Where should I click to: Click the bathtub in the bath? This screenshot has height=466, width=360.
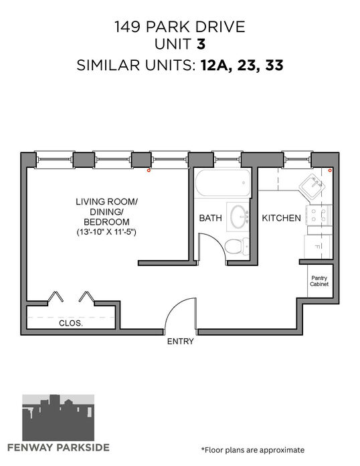pyautogui.click(x=223, y=183)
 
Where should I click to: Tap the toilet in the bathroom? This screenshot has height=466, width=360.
pyautogui.click(x=237, y=247)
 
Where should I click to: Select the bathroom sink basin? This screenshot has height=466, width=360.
pyautogui.click(x=240, y=217)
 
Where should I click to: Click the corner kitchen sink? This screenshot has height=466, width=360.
pyautogui.click(x=312, y=187)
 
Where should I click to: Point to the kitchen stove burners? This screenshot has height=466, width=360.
pyautogui.click(x=319, y=215)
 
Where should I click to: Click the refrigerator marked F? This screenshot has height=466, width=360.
pyautogui.click(x=318, y=247)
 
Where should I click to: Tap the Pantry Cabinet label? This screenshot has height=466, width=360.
pyautogui.click(x=319, y=281)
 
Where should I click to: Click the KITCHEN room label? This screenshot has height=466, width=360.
pyautogui.click(x=281, y=218)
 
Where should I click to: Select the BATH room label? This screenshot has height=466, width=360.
pyautogui.click(x=210, y=218)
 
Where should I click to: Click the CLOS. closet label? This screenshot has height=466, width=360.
pyautogui.click(x=71, y=323)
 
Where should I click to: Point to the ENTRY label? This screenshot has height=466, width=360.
pyautogui.click(x=180, y=342)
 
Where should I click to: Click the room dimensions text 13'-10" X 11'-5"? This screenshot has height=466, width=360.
pyautogui.click(x=106, y=232)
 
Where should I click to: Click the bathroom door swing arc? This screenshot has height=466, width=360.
pyautogui.click(x=219, y=241)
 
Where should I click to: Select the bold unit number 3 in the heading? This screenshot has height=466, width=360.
pyautogui.click(x=201, y=44)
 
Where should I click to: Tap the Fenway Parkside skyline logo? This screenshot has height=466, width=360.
pyautogui.click(x=58, y=418)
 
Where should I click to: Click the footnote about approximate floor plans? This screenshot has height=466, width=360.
pyautogui.click(x=252, y=450)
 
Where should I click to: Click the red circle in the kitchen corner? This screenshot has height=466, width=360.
pyautogui.click(x=330, y=170)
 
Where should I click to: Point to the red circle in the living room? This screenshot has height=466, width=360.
pyautogui.click(x=149, y=170)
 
